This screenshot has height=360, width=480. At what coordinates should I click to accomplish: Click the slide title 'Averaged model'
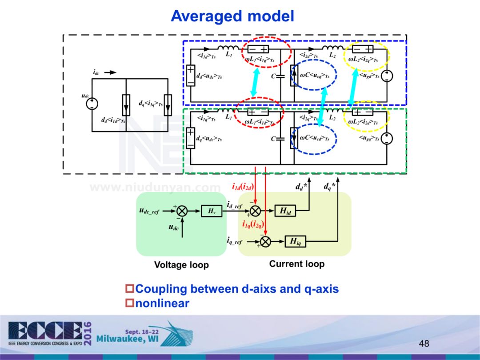tap(232, 16)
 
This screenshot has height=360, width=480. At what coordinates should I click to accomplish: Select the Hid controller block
tap(285, 211)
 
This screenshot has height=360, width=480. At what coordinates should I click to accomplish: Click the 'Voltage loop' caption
tap(181, 265)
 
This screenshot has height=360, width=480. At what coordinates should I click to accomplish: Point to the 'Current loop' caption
tap(297, 264)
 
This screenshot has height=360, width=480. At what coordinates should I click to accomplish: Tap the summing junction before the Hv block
tap(182, 211)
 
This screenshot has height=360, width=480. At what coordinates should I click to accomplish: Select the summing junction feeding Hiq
tap(265, 241)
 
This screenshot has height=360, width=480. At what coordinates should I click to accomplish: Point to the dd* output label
tap(301, 187)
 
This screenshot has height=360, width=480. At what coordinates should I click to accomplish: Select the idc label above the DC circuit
tap(96, 72)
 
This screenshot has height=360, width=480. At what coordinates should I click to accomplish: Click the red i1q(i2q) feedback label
tap(253, 224)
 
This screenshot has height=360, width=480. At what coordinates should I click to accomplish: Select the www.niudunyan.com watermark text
tap(155, 188)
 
